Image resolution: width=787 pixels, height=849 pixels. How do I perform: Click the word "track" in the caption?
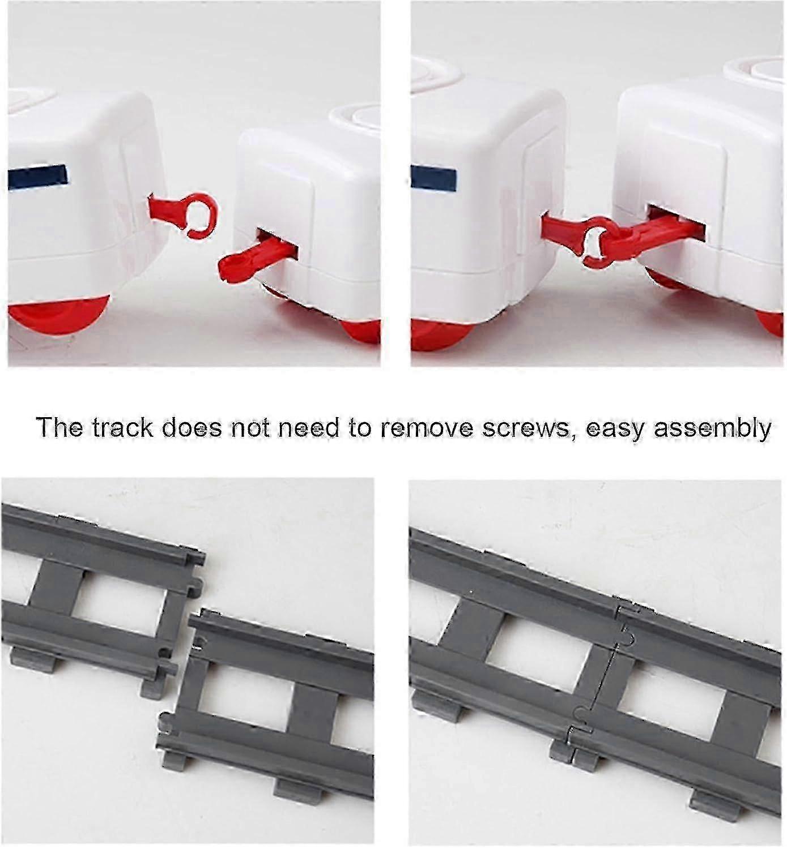123,427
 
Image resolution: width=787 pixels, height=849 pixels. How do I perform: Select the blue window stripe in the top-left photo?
39,176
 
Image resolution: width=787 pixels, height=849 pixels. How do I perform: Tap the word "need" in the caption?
313,427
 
